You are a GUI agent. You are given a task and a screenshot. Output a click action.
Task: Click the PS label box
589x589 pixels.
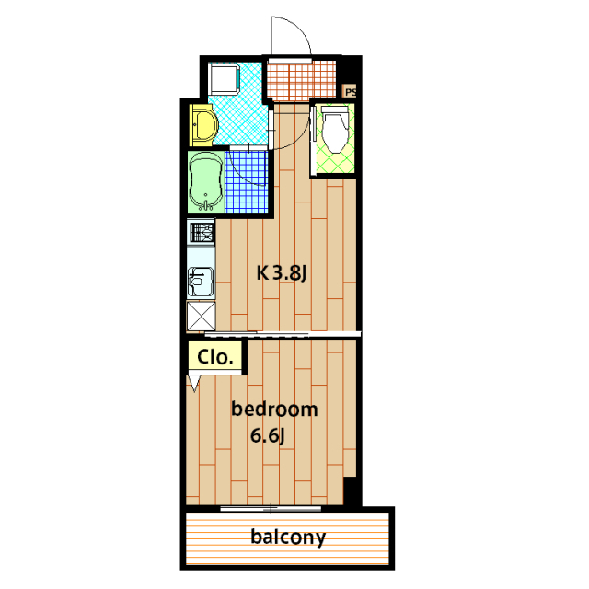tap(350, 91)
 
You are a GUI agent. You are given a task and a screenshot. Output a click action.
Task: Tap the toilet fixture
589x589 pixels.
tap(334, 129)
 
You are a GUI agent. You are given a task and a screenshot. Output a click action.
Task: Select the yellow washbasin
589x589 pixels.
tap(202, 125)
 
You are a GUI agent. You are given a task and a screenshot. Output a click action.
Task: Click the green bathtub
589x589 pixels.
tap(205, 181)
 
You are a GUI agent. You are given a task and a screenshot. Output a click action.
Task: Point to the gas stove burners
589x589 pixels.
tap(202, 233)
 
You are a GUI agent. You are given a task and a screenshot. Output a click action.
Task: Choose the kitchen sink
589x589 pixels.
tap(201, 282)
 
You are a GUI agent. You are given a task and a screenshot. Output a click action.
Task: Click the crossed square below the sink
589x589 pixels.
tap(201, 317)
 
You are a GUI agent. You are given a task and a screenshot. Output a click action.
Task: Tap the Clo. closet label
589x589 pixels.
tap(215, 357)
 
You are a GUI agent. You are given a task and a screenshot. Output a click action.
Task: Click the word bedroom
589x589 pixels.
tap(274, 409)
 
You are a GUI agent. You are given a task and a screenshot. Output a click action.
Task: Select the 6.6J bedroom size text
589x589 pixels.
tap(268, 435)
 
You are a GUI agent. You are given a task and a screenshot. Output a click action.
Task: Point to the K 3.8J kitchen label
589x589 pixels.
tap(282, 272)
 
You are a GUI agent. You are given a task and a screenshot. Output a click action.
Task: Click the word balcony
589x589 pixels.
tap(288, 537)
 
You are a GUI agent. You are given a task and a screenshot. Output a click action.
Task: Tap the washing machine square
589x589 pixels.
tap(225, 79)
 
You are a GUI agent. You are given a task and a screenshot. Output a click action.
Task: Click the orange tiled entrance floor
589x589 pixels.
tap(301, 81)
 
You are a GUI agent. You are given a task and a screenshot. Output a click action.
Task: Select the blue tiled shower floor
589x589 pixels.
tap(247, 181)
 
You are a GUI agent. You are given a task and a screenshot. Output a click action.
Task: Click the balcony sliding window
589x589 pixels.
tap(271, 509)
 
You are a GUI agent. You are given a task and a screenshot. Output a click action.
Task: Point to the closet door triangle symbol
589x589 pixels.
tap(194, 384)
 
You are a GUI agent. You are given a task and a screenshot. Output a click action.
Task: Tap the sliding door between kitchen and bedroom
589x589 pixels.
tap(283, 334)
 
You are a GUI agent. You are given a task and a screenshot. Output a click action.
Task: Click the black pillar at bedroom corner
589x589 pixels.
tap(352, 491)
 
